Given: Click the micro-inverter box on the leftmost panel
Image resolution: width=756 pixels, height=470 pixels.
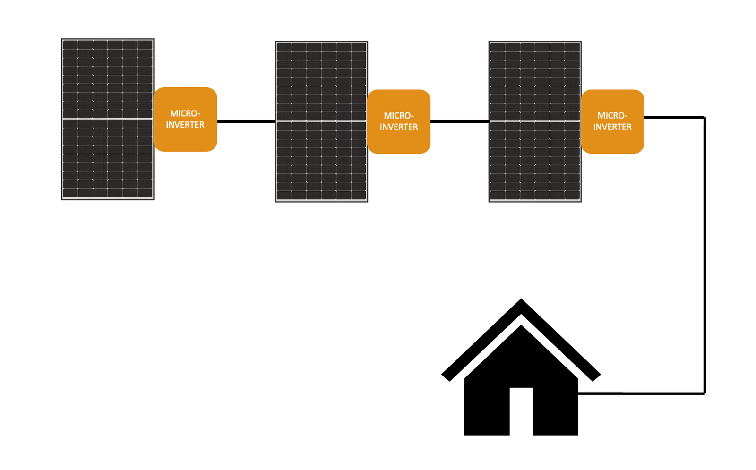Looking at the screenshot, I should click(185, 119).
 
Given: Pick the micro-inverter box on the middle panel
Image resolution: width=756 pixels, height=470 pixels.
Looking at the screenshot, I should click(399, 121).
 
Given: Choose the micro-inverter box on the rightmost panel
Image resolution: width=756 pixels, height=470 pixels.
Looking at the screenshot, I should click(612, 121).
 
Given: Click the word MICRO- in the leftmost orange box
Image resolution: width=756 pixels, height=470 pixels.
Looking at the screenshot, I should click(185, 113).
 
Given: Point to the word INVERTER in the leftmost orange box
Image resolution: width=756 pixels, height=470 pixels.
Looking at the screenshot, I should click(185, 125).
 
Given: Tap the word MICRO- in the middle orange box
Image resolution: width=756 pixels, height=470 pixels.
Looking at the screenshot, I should click(399, 116).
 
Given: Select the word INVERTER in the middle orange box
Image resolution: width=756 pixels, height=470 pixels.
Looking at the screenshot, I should click(399, 127).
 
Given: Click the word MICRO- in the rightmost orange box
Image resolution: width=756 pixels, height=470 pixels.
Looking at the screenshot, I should click(612, 116).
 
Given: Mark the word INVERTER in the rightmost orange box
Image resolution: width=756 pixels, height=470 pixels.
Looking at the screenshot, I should click(612, 127).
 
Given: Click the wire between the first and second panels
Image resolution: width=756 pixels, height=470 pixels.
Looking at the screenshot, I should click(246, 121).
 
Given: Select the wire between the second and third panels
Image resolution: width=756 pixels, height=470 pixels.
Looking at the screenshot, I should click(459, 121).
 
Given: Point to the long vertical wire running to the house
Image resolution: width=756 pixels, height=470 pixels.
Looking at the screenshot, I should click(704, 255).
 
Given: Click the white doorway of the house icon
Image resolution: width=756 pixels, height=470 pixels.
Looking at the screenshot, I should click(521, 411).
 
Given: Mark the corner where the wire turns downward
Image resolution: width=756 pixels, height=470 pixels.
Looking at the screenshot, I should click(704, 117).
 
